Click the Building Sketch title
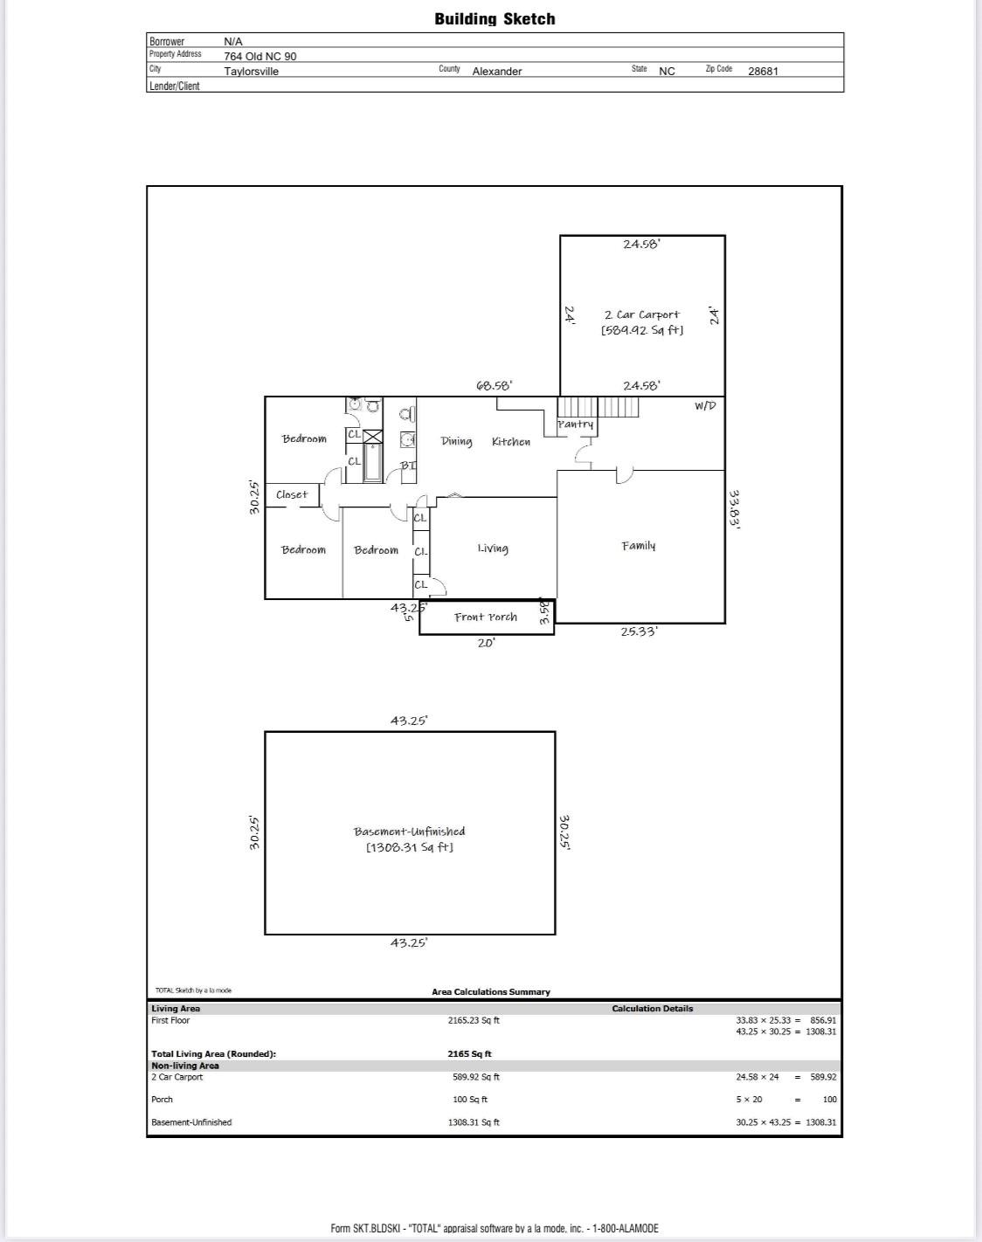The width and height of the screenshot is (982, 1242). point(494,19)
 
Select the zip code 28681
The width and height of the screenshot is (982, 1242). point(763,72)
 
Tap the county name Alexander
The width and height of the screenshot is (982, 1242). point(497,72)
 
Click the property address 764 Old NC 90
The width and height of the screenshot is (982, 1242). point(259,57)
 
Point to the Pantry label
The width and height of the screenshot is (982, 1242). point(576,424)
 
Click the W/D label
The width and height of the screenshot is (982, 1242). point(705,406)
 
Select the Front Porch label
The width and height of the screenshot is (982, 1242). point(486,617)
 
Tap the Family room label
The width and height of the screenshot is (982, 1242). point(639,546)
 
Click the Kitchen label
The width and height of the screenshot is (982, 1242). point(511,441)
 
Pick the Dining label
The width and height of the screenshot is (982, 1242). point(457,441)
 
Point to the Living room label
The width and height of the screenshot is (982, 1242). point(493,549)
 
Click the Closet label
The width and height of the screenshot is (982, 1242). point(292,494)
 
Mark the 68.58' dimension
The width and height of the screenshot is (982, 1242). point(494,385)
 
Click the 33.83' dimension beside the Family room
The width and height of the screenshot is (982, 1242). point(734,509)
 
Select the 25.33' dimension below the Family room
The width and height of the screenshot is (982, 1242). point(639,631)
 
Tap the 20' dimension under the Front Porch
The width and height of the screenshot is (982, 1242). point(487,643)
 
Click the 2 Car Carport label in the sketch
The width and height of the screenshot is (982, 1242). point(642,314)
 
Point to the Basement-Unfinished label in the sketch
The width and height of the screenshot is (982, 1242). point(409,831)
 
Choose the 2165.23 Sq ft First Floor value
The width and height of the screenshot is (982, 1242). point(474,1020)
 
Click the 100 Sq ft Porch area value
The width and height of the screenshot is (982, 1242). point(470,1100)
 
